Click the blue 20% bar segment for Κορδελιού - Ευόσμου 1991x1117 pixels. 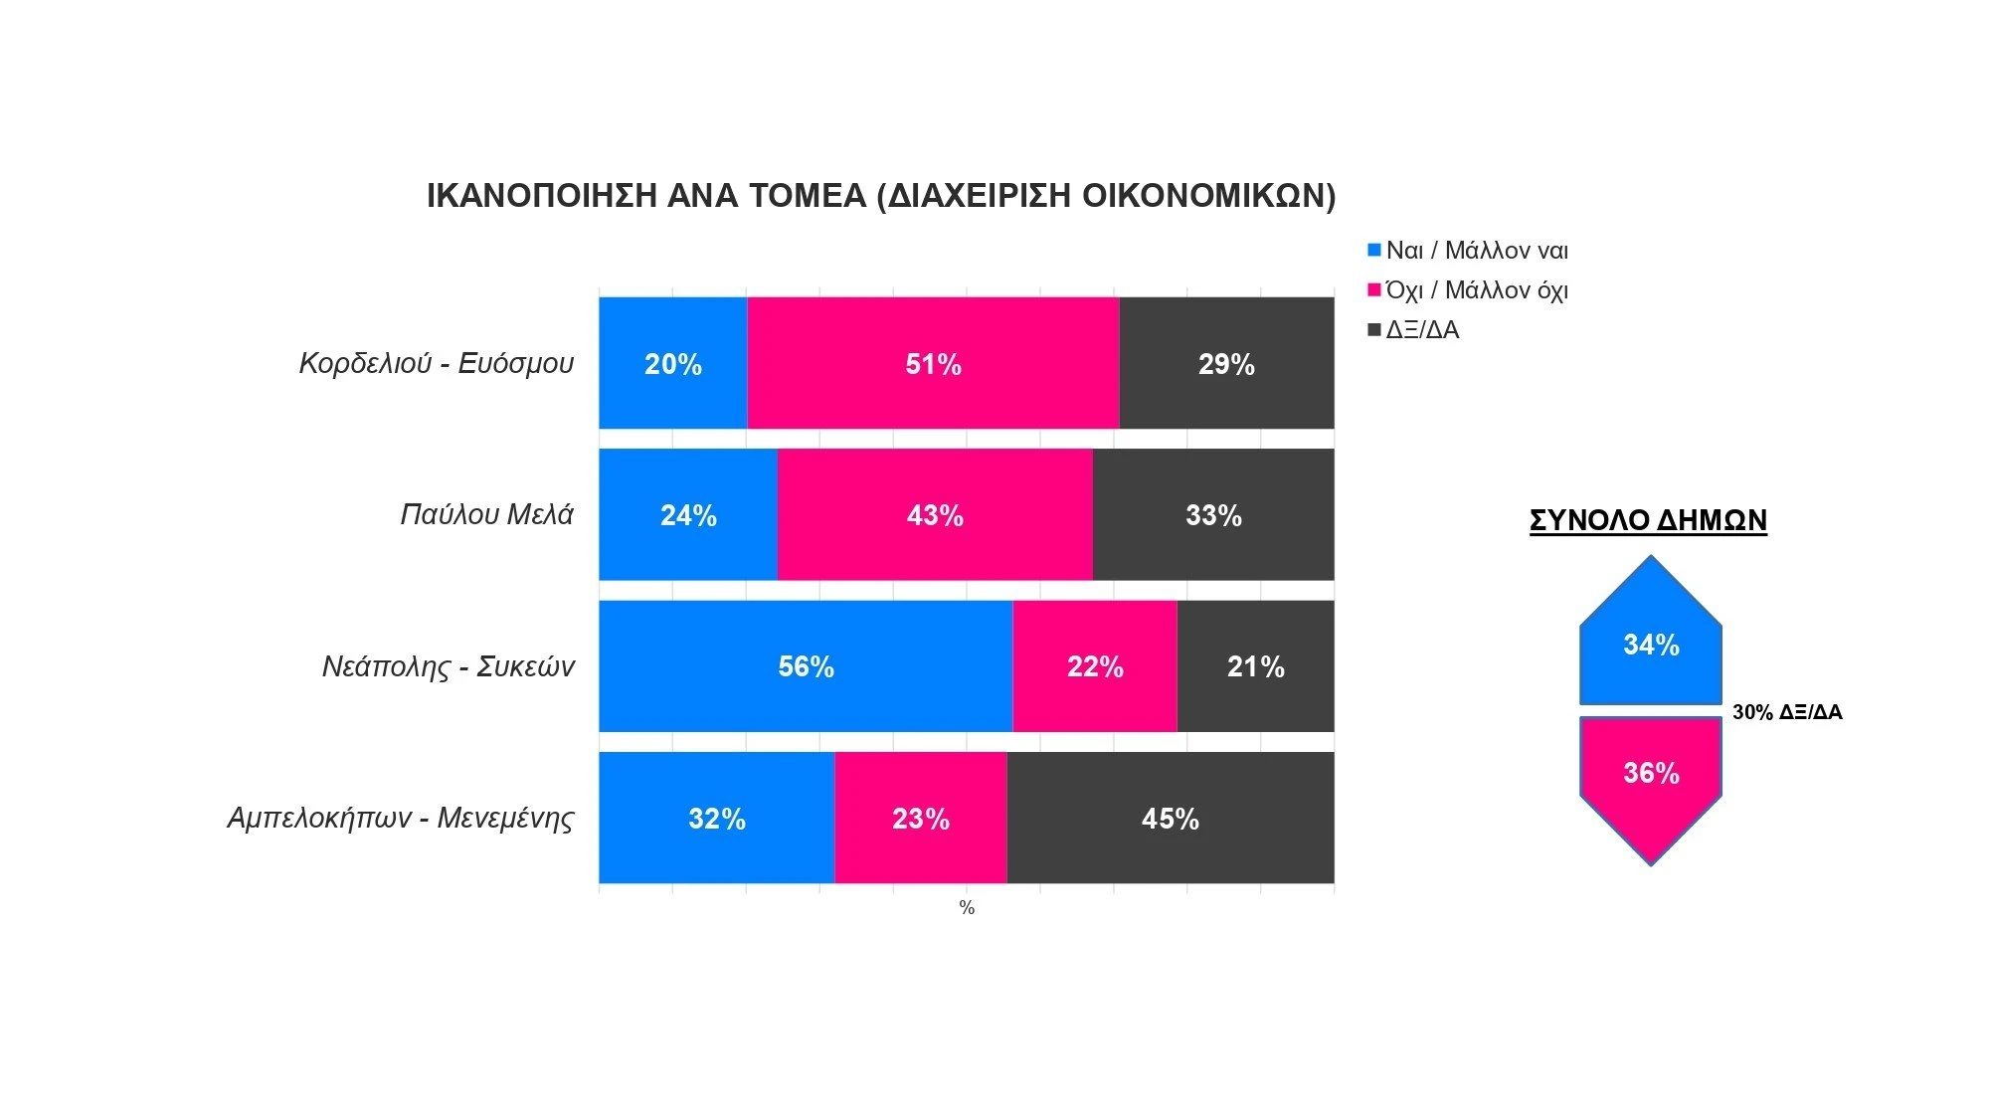(672, 363)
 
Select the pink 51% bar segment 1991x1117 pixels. (933, 363)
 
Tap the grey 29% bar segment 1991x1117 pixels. (1226, 363)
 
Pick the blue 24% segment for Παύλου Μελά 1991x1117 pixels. (688, 514)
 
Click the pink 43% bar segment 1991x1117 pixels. (935, 514)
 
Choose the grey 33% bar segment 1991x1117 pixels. (1213, 514)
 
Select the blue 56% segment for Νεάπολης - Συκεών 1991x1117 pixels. (806, 665)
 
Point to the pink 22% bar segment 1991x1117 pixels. (1095, 665)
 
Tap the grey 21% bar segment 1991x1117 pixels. (1255, 665)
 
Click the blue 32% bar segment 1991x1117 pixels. (716, 818)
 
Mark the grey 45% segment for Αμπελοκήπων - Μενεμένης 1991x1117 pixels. (1170, 818)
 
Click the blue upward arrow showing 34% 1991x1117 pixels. (1651, 642)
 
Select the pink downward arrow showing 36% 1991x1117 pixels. (1651, 776)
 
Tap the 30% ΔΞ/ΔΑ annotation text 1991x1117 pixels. (1787, 712)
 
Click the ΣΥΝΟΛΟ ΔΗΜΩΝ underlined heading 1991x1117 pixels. (1648, 520)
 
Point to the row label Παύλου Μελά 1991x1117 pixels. (486, 514)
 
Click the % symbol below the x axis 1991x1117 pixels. (967, 908)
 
